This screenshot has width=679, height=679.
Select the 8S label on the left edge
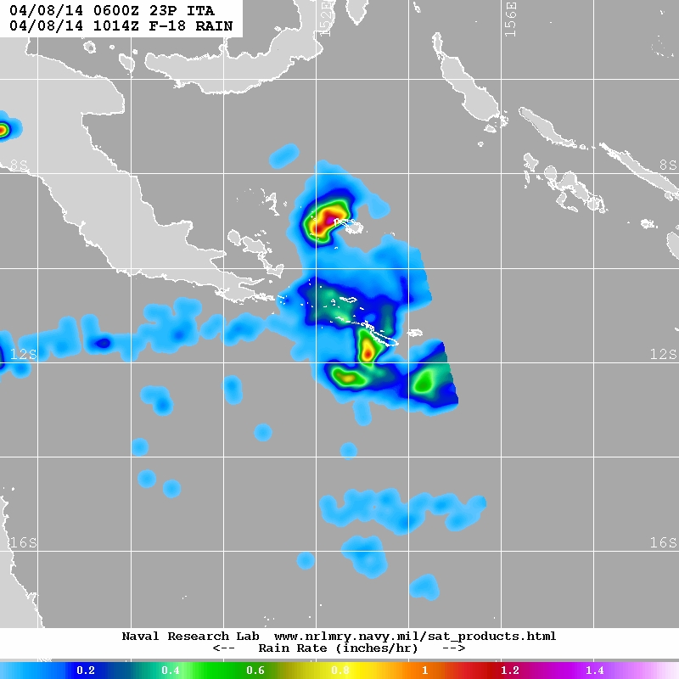tap(19, 166)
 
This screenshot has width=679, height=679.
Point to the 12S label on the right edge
tap(663, 354)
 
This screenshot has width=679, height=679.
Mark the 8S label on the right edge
tap(667, 166)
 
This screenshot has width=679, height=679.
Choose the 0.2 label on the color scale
tap(85, 671)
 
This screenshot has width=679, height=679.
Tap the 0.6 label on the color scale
tap(255, 671)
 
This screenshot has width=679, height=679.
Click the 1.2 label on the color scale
tap(509, 671)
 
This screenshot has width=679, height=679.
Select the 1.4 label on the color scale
tap(594, 671)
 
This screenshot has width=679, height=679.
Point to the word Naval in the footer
tap(140, 636)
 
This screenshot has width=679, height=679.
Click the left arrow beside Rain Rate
tap(222, 648)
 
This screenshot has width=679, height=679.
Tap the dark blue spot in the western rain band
tap(102, 343)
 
